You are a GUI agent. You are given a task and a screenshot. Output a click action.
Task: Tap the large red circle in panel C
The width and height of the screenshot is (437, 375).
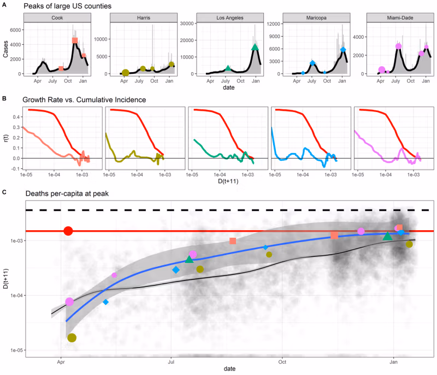click(68, 231)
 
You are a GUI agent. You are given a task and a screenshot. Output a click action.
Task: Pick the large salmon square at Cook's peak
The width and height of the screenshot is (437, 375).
click(75, 40)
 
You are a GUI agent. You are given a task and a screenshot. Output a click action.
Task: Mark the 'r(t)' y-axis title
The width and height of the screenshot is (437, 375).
click(5, 134)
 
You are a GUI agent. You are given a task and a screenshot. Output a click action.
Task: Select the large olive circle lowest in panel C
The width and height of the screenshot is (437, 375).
click(72, 338)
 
